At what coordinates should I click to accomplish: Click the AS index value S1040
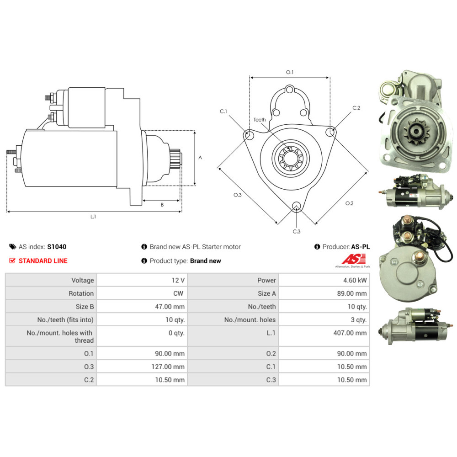tap(57, 247)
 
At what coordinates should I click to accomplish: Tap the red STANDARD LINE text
tap(43, 260)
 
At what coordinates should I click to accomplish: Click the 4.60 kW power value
tap(355, 280)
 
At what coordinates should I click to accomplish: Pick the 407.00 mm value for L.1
tap(350, 333)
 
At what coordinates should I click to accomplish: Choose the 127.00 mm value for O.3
tap(168, 367)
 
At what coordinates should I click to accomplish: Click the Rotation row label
tap(81, 293)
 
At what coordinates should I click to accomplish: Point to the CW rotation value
tap(178, 293)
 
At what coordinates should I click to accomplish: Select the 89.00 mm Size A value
tap(352, 293)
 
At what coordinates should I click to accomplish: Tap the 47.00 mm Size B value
tap(170, 306)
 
